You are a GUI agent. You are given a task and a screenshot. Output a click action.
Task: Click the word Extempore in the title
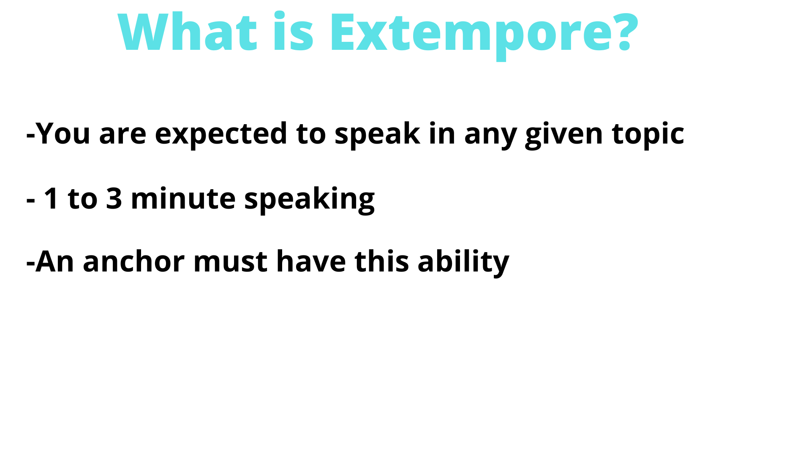(x=473, y=33)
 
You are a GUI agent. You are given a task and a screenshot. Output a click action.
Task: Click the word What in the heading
(x=188, y=33)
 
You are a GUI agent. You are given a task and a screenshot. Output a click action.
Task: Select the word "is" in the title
(x=293, y=33)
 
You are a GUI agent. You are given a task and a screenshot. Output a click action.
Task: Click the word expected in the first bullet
(x=221, y=134)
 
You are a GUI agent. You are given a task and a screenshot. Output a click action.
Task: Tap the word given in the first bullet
(x=563, y=134)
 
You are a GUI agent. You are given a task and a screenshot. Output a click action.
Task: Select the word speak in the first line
(x=377, y=134)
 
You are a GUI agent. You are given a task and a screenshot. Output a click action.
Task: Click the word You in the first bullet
(x=63, y=133)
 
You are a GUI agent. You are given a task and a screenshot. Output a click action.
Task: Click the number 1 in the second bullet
(x=52, y=198)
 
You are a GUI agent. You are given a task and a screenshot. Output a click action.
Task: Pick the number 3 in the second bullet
(x=114, y=198)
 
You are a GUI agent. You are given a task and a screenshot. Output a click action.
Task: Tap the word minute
(x=183, y=198)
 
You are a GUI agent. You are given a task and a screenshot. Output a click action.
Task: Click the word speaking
(x=309, y=199)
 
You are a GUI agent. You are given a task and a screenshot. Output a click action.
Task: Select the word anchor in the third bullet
(x=133, y=262)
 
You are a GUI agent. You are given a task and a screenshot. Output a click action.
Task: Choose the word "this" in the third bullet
(x=381, y=262)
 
